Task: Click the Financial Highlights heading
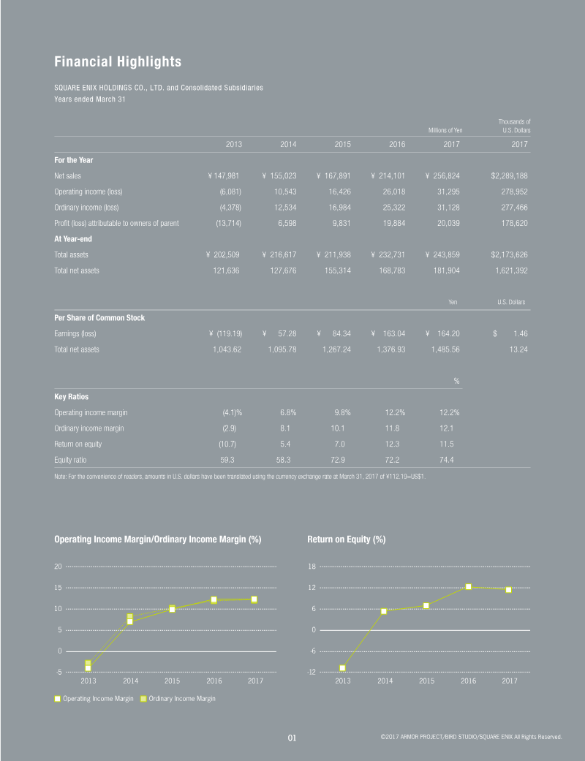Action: pyautogui.click(x=118, y=61)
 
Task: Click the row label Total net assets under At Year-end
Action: pyautogui.click(x=77, y=270)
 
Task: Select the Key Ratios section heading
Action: pyautogui.click(x=72, y=396)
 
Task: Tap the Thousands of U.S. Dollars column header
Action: pyautogui.click(x=514, y=126)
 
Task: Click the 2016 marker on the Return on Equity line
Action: pyautogui.click(x=468, y=586)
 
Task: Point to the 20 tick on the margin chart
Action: pyautogui.click(x=58, y=567)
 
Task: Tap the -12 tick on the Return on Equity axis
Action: pyautogui.click(x=311, y=672)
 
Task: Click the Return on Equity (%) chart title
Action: pyautogui.click(x=347, y=539)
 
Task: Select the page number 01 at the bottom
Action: pyautogui.click(x=292, y=738)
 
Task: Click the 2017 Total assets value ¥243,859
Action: pyautogui.click(x=445, y=254)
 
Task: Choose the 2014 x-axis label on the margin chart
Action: pyautogui.click(x=130, y=681)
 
